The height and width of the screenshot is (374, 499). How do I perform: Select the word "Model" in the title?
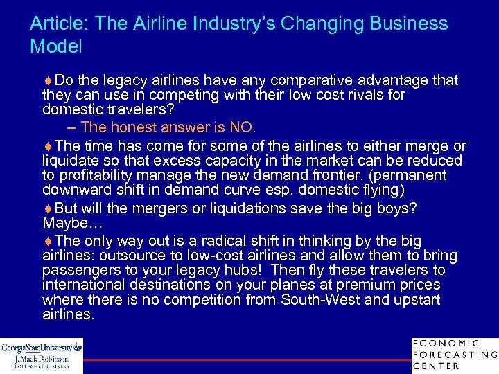click(56, 47)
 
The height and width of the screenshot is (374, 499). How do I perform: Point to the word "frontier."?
click(322, 175)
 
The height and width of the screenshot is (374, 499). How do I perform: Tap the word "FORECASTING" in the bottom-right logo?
click(455, 355)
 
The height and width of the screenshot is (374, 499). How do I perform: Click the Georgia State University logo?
click(42, 354)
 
